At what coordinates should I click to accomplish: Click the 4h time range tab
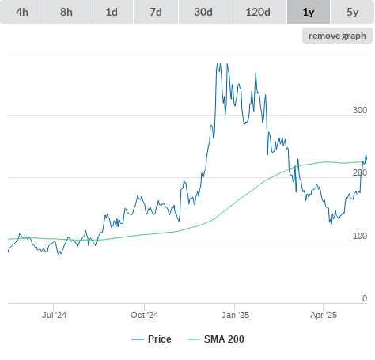[x=22, y=12]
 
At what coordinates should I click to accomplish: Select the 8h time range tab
[x=66, y=12]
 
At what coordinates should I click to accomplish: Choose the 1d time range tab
[x=112, y=12]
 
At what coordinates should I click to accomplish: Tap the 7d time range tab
[x=156, y=12]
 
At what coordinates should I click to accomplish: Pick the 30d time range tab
[x=203, y=12]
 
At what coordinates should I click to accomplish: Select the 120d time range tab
[x=258, y=12]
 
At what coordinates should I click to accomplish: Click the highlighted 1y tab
[x=309, y=12]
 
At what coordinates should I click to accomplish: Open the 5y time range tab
[x=352, y=12]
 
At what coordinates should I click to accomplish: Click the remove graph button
[x=337, y=36]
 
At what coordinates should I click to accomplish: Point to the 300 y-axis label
[x=360, y=110]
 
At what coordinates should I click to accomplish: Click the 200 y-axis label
[x=360, y=172]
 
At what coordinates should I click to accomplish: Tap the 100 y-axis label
[x=360, y=236]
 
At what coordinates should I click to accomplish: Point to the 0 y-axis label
[x=365, y=298]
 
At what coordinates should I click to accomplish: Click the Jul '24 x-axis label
[x=54, y=315]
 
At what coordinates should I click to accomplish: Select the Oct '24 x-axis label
[x=145, y=315]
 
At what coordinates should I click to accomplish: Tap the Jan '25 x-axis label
[x=235, y=315]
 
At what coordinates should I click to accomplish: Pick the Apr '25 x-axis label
[x=324, y=315]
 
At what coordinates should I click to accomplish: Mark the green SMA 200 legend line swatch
[x=194, y=339]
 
